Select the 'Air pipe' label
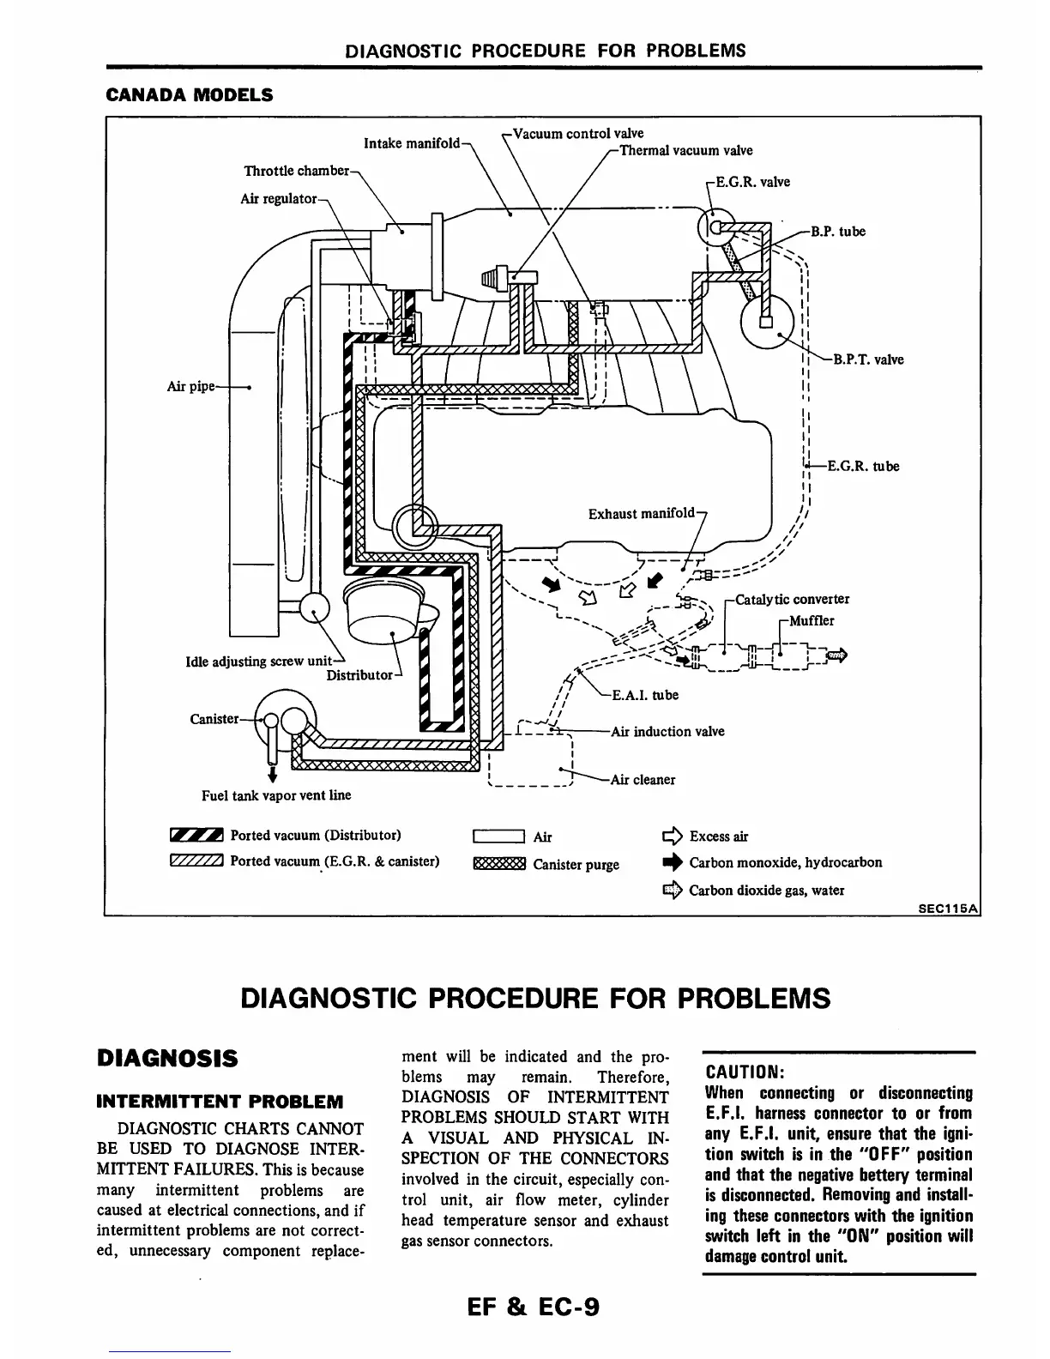pyautogui.click(x=190, y=387)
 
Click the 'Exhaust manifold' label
pyautogui.click(x=641, y=513)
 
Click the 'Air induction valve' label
pyautogui.click(x=667, y=731)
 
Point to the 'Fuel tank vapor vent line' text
pyautogui.click(x=276, y=795)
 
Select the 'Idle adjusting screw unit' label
pyautogui.click(x=258, y=661)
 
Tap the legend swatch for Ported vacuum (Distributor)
pyautogui.click(x=196, y=835)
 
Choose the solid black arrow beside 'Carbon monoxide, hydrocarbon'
pyautogui.click(x=671, y=863)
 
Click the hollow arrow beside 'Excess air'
pyautogui.click(x=671, y=836)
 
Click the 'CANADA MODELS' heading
pyautogui.click(x=189, y=94)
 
